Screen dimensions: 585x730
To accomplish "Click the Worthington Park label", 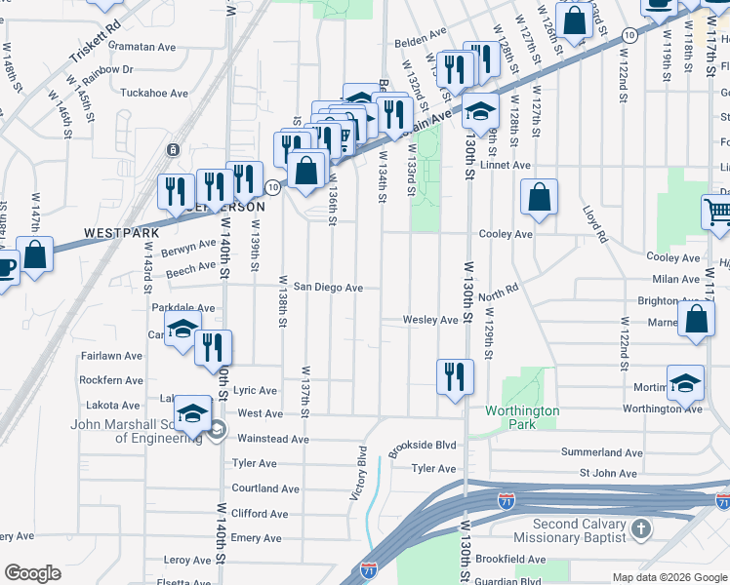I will [x=523, y=417].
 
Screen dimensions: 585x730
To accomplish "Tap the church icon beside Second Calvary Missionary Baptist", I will [x=640, y=530].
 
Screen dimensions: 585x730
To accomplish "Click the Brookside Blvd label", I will [x=423, y=448].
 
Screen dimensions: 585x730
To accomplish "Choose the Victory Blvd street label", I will [x=358, y=474].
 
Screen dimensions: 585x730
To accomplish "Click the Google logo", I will [x=32, y=573].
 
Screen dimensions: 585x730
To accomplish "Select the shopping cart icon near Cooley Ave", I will [x=717, y=212].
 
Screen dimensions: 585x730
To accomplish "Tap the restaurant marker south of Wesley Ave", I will [x=454, y=376].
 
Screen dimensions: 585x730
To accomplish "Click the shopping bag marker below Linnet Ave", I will [x=539, y=199].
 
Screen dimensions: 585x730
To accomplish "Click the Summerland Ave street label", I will [x=601, y=453].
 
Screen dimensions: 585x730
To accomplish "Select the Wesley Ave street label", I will [x=431, y=320].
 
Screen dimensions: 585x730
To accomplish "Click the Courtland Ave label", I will [x=265, y=488].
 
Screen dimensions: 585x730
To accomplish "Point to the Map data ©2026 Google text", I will [x=669, y=577].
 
